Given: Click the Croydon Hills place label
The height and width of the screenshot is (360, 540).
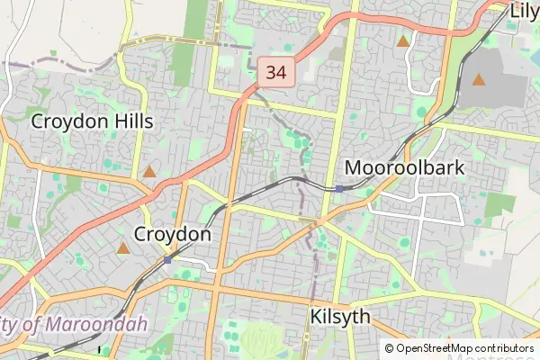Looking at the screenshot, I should pos(92,121).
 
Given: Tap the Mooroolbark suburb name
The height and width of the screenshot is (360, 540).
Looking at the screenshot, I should pos(405,167).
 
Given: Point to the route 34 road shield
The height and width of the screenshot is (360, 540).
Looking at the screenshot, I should pos(276,71).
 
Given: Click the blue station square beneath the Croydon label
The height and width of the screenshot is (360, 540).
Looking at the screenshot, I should pos(168,259).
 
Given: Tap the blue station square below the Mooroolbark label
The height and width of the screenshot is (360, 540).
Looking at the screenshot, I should pos(339,189).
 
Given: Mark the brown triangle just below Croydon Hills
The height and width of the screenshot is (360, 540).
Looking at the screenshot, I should pos(148,171).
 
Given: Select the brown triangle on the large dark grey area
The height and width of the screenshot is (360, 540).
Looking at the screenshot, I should pos(479,79).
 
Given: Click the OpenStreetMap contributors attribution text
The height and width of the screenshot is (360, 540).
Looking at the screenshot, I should pos(465,348).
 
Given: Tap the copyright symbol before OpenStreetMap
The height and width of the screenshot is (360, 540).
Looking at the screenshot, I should pos(390,348).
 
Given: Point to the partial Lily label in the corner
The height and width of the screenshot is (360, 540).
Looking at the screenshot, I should pos(524,12).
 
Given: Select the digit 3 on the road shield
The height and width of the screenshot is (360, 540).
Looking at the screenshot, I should pos(270,71).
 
